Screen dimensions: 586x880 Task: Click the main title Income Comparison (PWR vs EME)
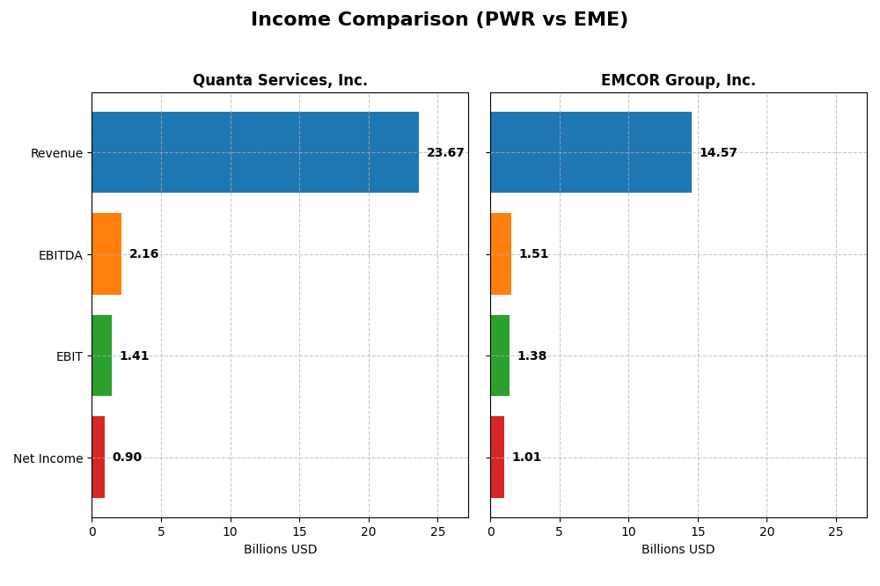click(x=439, y=20)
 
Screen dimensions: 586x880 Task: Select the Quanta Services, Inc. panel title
click(x=280, y=81)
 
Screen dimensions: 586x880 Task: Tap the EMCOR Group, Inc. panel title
click(x=678, y=81)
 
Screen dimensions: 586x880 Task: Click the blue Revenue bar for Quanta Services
click(x=255, y=152)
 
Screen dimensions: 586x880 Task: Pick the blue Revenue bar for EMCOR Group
click(x=590, y=152)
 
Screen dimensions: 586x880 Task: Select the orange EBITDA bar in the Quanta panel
click(x=106, y=254)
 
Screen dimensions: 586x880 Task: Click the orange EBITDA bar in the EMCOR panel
click(x=501, y=254)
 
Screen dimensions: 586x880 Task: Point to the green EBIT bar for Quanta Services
click(x=102, y=355)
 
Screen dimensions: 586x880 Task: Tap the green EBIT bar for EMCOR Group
click(x=500, y=355)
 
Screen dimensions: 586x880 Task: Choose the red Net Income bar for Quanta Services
click(x=99, y=458)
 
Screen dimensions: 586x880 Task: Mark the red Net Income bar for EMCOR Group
click(x=497, y=458)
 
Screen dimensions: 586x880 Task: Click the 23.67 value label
click(x=445, y=153)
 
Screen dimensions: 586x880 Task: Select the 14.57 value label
click(x=718, y=153)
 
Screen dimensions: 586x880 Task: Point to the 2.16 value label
click(x=144, y=254)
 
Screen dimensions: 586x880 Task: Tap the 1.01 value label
click(x=526, y=458)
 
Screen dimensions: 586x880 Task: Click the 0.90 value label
click(x=127, y=458)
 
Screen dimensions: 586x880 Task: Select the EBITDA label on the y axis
click(x=61, y=255)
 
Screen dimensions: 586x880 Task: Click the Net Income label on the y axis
click(x=48, y=458)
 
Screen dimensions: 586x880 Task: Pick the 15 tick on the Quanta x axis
click(x=299, y=531)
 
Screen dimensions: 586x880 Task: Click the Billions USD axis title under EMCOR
click(x=678, y=550)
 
